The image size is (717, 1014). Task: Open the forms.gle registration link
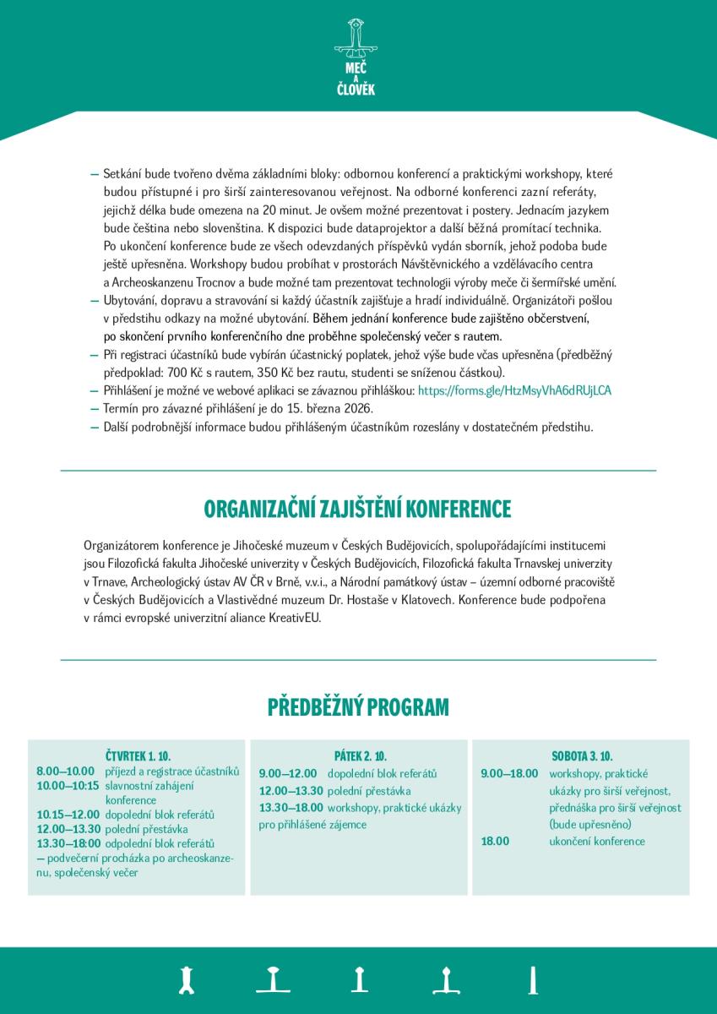pyautogui.click(x=514, y=391)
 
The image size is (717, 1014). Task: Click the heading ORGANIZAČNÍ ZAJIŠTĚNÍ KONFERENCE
pyautogui.click(x=358, y=510)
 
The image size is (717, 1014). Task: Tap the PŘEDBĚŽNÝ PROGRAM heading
pyautogui.click(x=358, y=706)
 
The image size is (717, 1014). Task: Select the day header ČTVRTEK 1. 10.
pyautogui.click(x=138, y=755)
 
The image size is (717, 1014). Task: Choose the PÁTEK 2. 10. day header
pyautogui.click(x=360, y=755)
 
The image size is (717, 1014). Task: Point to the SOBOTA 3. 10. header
pyautogui.click(x=582, y=755)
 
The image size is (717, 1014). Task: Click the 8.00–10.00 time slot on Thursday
pyautogui.click(x=65, y=771)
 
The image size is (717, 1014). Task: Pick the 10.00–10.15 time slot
pyautogui.click(x=68, y=786)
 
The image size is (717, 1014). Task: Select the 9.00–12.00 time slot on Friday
pyautogui.click(x=288, y=773)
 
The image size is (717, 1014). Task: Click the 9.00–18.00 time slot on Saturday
pyautogui.click(x=509, y=773)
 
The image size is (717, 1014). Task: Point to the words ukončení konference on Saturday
pyautogui.click(x=596, y=841)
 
